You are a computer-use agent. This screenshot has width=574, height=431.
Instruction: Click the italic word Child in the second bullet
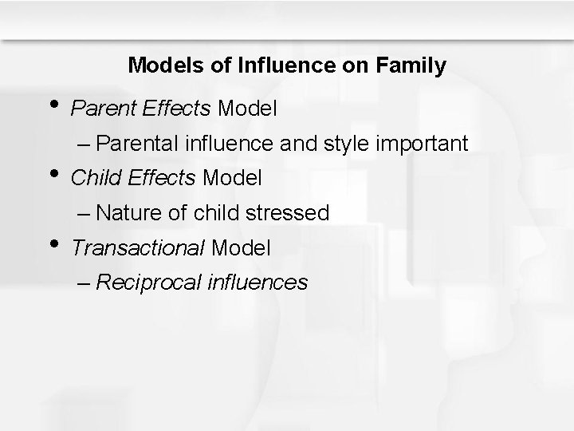point(91,178)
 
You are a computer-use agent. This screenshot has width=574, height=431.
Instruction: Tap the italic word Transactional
point(138,247)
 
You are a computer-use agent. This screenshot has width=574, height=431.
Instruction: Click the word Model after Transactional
point(242,247)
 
